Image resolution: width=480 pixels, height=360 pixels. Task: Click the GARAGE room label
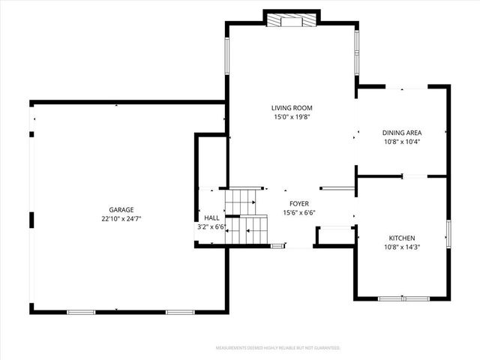(x=121, y=209)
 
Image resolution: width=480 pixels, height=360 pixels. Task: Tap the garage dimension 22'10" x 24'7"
(x=121, y=218)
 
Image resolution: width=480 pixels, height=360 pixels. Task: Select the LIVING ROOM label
(x=292, y=108)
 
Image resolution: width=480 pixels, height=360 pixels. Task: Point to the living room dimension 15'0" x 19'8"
(x=292, y=117)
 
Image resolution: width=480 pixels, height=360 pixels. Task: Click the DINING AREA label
(x=402, y=132)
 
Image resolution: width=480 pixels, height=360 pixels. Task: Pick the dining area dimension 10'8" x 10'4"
(x=402, y=141)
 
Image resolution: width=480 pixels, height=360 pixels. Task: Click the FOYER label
(x=299, y=203)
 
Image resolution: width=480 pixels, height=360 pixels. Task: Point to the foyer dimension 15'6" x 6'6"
(x=299, y=213)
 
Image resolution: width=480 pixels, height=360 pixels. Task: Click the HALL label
(x=211, y=217)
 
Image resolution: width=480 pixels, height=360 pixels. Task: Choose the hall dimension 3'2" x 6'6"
(x=211, y=226)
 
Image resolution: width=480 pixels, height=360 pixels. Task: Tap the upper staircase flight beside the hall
(x=242, y=200)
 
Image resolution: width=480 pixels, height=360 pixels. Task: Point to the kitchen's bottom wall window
(x=403, y=298)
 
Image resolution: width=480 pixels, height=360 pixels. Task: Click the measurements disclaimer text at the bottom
(x=277, y=348)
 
